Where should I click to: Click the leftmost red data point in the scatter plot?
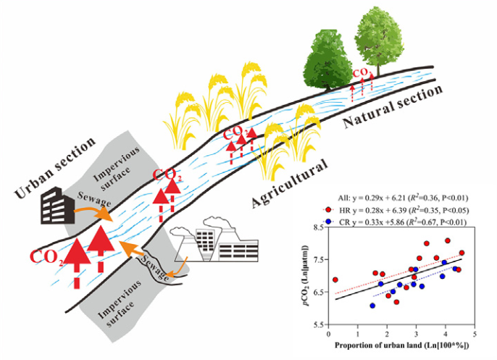coord(335,280)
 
